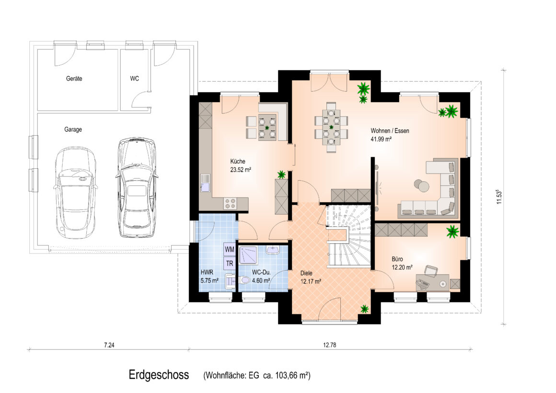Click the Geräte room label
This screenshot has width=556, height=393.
pos(74,79)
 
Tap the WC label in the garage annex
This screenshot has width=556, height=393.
pos(134,79)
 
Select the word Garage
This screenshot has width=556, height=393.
pos(73,129)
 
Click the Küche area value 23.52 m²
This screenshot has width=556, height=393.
pos(241,170)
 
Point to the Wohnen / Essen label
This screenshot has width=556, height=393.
pos(390,130)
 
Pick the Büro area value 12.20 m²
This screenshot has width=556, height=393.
pos(402,267)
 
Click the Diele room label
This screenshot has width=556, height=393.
pos(306,273)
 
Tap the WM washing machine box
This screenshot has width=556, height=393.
pos(230,249)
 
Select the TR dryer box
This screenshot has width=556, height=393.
pos(230,264)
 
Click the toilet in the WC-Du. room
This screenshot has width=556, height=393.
pos(244,280)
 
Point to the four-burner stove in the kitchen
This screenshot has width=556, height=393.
pos(230,204)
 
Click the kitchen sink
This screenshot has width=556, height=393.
pos(205,183)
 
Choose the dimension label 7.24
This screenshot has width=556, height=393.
pos(109,345)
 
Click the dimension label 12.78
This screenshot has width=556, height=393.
pos(329,345)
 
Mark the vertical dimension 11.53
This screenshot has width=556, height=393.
pos(499,197)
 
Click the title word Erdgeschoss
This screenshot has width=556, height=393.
pos(159,375)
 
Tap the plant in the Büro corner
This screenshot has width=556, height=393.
pos(452,231)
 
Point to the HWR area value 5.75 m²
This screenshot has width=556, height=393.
pos(209,280)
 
